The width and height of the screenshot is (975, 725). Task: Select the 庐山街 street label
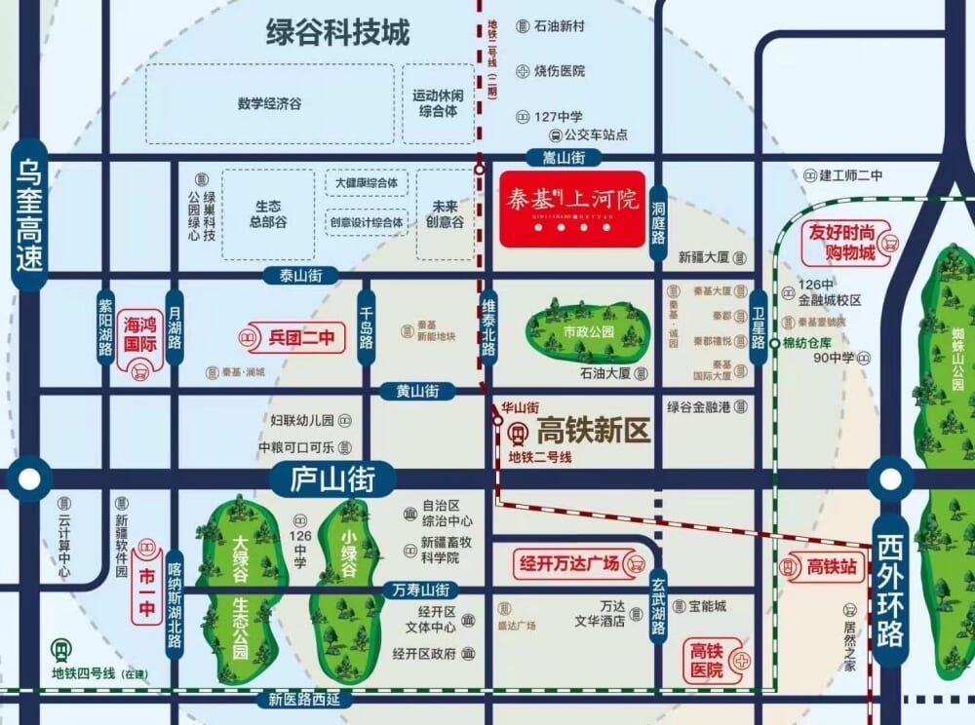tap(331, 478)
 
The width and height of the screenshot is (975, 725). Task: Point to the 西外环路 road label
tap(890, 592)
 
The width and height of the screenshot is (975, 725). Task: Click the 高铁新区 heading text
tap(593, 430)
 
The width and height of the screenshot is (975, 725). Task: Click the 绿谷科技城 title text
tap(338, 32)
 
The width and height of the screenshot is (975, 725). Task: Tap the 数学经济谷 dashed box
tap(270, 103)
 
